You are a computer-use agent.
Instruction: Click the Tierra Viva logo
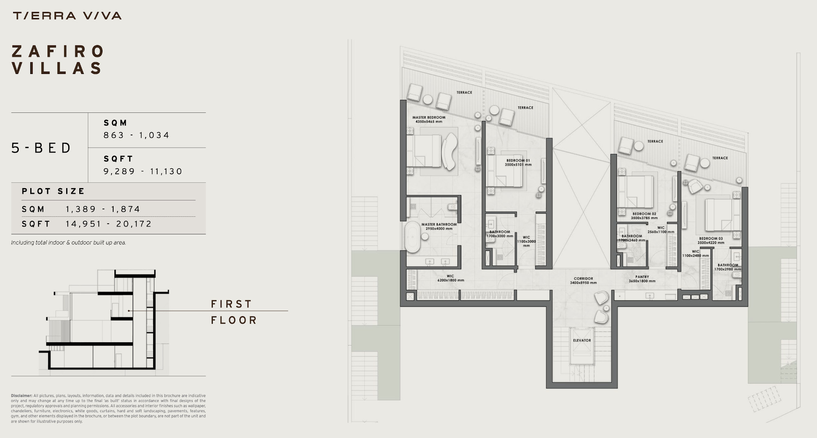tap(67, 16)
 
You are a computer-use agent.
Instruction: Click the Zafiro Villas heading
tap(58, 60)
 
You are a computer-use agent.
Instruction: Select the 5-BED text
tap(41, 148)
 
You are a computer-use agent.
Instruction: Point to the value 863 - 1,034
tap(136, 135)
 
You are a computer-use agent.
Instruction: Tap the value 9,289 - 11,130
tap(143, 171)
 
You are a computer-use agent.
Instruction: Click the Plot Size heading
tap(53, 191)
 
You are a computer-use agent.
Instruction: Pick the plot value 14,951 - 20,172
tap(109, 224)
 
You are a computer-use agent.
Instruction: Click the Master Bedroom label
tap(429, 119)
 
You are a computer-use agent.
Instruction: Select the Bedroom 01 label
tap(518, 163)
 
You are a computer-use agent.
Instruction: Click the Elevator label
tap(582, 340)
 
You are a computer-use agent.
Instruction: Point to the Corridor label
tap(583, 281)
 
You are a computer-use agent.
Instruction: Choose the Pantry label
tap(642, 279)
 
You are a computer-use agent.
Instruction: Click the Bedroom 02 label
tap(644, 216)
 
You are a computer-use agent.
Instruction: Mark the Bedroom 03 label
tap(711, 240)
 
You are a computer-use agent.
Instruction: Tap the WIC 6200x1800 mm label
tap(451, 278)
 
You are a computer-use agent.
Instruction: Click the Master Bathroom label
tap(439, 227)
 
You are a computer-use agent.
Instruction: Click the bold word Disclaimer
tap(22, 396)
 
